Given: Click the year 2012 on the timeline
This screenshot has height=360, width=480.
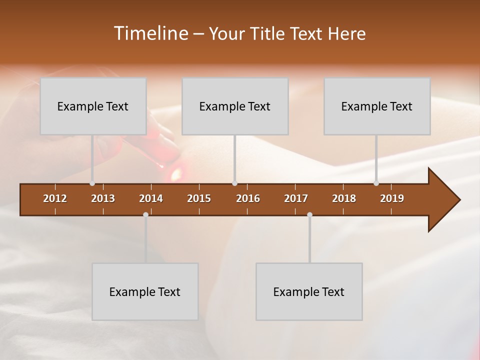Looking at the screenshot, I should (55, 198).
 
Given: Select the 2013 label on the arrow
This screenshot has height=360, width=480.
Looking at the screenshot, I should (103, 198).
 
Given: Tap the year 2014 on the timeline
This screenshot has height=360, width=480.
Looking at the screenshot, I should (151, 198).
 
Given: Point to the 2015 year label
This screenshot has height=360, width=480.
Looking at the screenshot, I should (199, 198).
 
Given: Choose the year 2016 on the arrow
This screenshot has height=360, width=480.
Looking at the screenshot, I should (248, 198).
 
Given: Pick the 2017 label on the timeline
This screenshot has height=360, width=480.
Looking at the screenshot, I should (296, 198).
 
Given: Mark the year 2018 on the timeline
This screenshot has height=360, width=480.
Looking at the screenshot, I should (344, 198).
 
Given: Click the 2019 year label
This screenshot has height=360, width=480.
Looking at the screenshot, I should (392, 198).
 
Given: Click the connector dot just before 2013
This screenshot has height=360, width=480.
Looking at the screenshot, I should (92, 183).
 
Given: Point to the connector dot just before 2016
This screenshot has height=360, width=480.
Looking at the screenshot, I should (234, 183).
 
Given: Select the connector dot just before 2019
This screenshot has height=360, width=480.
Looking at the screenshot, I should (376, 183).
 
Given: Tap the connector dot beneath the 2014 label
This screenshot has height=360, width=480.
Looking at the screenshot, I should (145, 214).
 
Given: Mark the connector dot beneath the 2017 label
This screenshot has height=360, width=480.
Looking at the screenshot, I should (309, 214).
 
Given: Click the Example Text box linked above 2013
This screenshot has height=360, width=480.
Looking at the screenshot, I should (93, 106).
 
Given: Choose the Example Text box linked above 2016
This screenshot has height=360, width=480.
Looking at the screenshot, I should (235, 106).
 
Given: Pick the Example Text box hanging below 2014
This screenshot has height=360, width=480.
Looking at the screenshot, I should (145, 291).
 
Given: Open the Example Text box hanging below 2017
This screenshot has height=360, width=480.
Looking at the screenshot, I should (309, 291).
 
